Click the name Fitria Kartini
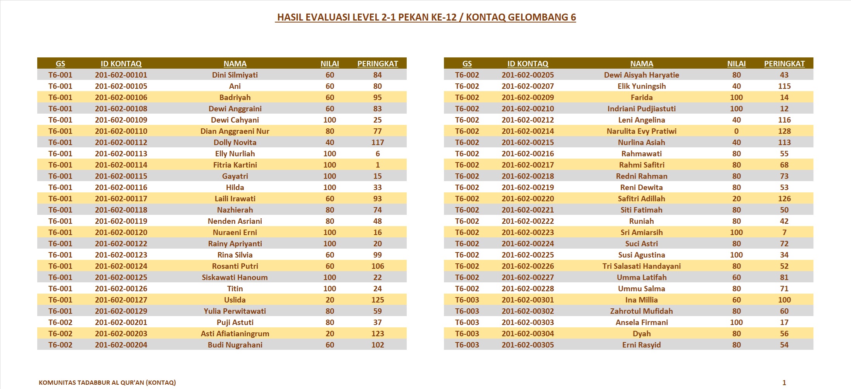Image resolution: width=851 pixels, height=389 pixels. [235, 165]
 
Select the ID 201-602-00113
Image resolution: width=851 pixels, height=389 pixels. [121, 154]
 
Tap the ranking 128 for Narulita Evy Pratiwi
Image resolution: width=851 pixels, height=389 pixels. [784, 131]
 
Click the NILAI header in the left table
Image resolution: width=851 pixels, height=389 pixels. [330, 64]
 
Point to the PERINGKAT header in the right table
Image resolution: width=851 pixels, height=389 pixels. [784, 64]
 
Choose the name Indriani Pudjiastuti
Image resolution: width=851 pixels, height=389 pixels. [641, 109]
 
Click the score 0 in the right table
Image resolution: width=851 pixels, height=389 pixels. [736, 131]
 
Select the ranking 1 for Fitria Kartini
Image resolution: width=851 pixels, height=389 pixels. [377, 165]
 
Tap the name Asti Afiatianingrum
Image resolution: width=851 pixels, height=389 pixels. [235, 334]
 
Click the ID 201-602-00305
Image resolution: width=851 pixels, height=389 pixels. [527, 345]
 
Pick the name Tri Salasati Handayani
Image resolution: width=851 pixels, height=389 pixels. [641, 266]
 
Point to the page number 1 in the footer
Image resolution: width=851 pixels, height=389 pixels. [784, 382]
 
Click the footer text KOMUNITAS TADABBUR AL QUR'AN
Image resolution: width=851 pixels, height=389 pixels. [107, 382]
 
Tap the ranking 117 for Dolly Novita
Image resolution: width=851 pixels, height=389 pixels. [377, 142]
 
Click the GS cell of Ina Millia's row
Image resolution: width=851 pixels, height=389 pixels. [467, 300]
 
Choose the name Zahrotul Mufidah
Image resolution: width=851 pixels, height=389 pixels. [641, 311]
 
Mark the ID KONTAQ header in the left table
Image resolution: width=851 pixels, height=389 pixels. [121, 64]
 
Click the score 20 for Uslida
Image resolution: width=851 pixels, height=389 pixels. [330, 300]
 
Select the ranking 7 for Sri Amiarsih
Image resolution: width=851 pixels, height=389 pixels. [784, 232]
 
